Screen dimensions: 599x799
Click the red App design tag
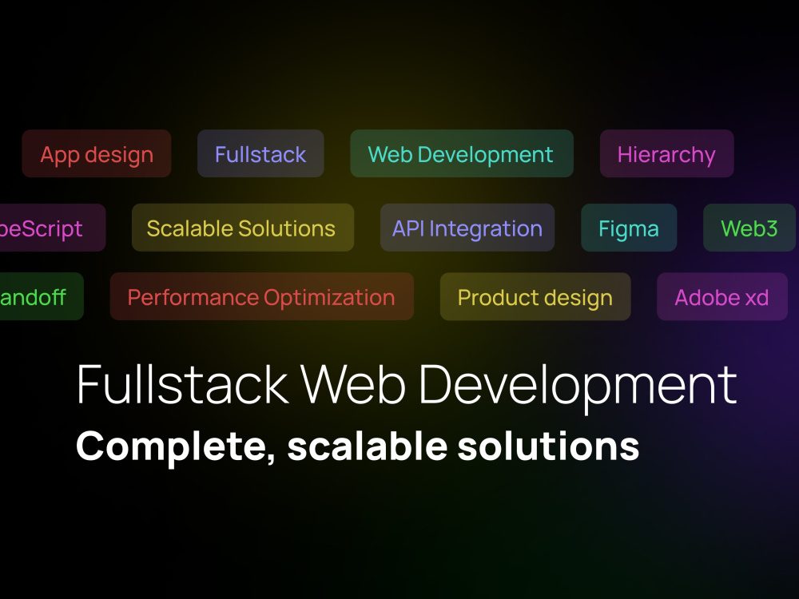tap(97, 154)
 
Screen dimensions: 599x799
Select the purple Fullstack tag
tap(260, 154)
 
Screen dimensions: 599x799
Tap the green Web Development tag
tap(461, 154)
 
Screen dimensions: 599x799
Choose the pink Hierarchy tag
tap(666, 154)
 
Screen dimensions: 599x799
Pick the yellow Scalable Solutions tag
tap(241, 228)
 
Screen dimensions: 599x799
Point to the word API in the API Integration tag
tap(408, 228)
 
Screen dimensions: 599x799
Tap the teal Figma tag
tap(629, 228)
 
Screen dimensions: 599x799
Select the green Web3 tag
tap(749, 228)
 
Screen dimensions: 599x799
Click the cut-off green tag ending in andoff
tap(36, 297)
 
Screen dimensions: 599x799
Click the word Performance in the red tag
tap(193, 297)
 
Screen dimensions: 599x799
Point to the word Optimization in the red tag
tap(329, 297)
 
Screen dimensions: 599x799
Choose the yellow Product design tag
tap(535, 297)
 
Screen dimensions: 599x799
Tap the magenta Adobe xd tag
tap(721, 297)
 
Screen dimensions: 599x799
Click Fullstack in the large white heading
tap(182, 385)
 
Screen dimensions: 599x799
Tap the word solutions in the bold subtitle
tap(549, 446)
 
